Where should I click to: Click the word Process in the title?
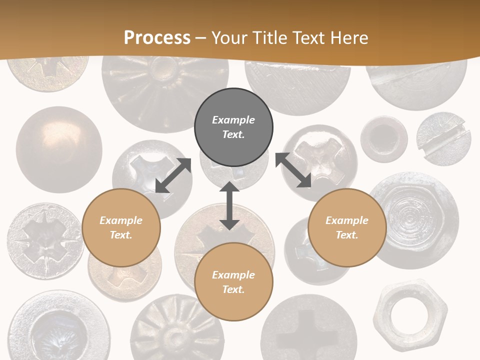157,38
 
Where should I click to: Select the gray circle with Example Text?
233,127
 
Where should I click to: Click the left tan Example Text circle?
121,227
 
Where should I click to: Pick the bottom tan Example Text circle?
233,282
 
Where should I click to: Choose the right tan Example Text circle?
347,227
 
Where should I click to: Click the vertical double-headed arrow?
229,205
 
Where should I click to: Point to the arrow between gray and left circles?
173,175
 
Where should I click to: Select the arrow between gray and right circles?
293,170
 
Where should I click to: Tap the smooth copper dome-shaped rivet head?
58,149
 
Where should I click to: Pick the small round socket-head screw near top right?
383,139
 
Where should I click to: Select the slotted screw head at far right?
443,139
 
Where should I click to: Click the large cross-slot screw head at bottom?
308,327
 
